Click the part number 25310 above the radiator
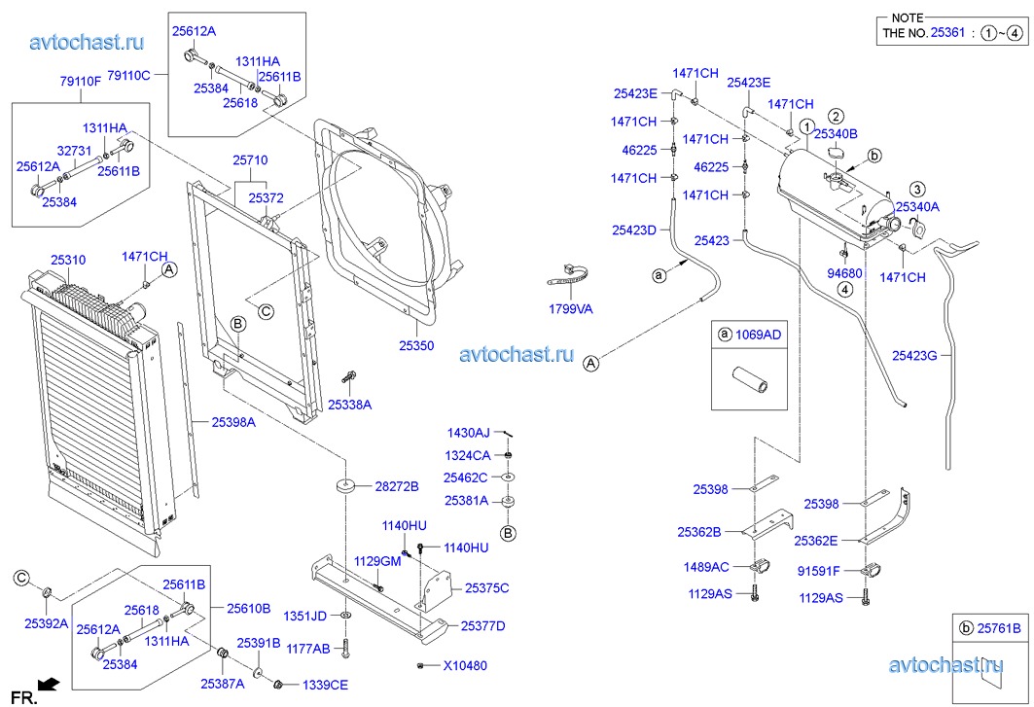(x=68, y=261)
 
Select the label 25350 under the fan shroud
(x=415, y=346)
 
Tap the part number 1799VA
(x=571, y=309)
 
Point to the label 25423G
(x=914, y=356)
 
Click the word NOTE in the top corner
(x=907, y=18)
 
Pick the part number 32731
(x=74, y=151)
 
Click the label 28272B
(x=396, y=486)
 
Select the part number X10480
(x=466, y=666)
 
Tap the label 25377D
(x=482, y=626)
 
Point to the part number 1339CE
(x=325, y=685)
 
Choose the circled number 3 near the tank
(x=916, y=189)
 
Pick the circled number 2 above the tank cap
(x=836, y=117)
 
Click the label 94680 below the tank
(x=844, y=274)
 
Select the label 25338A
(x=349, y=404)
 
